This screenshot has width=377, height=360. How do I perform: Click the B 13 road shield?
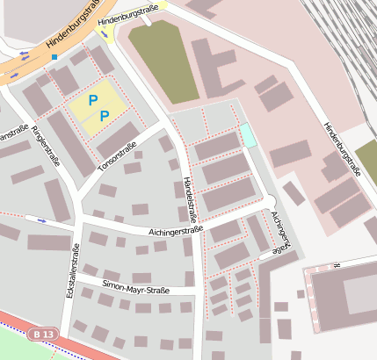point(42,335)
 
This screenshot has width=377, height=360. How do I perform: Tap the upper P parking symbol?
point(92,101)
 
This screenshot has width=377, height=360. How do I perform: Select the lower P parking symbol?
point(104,116)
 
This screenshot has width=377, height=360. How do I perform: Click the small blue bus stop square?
point(54,57)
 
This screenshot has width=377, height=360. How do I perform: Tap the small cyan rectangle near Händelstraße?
point(248,135)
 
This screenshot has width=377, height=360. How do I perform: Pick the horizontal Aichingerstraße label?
point(163,231)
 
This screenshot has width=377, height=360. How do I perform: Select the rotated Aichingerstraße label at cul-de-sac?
point(280,232)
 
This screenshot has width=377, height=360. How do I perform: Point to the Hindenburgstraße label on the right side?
point(343,149)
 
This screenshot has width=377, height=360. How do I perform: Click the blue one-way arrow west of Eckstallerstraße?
point(43,220)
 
